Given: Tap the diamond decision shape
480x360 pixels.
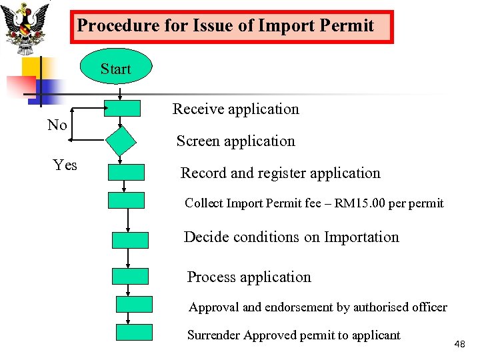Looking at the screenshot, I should [x=121, y=141].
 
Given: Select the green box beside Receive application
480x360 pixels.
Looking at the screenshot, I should [x=122, y=109].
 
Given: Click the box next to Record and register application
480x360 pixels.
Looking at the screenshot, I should [x=126, y=172].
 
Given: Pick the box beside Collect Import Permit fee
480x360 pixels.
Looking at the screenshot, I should [x=126, y=200].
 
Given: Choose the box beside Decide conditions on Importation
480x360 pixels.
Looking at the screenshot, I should [x=130, y=240].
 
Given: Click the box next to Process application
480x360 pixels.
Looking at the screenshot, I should [x=130, y=276].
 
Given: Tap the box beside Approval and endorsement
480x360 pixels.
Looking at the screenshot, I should [x=134, y=304].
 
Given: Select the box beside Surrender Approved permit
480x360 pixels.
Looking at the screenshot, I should [x=134, y=332].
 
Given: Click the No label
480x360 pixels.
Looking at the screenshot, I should [x=57, y=125].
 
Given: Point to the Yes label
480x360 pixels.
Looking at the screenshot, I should [x=65, y=165].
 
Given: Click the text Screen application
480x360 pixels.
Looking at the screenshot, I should [x=235, y=141].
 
